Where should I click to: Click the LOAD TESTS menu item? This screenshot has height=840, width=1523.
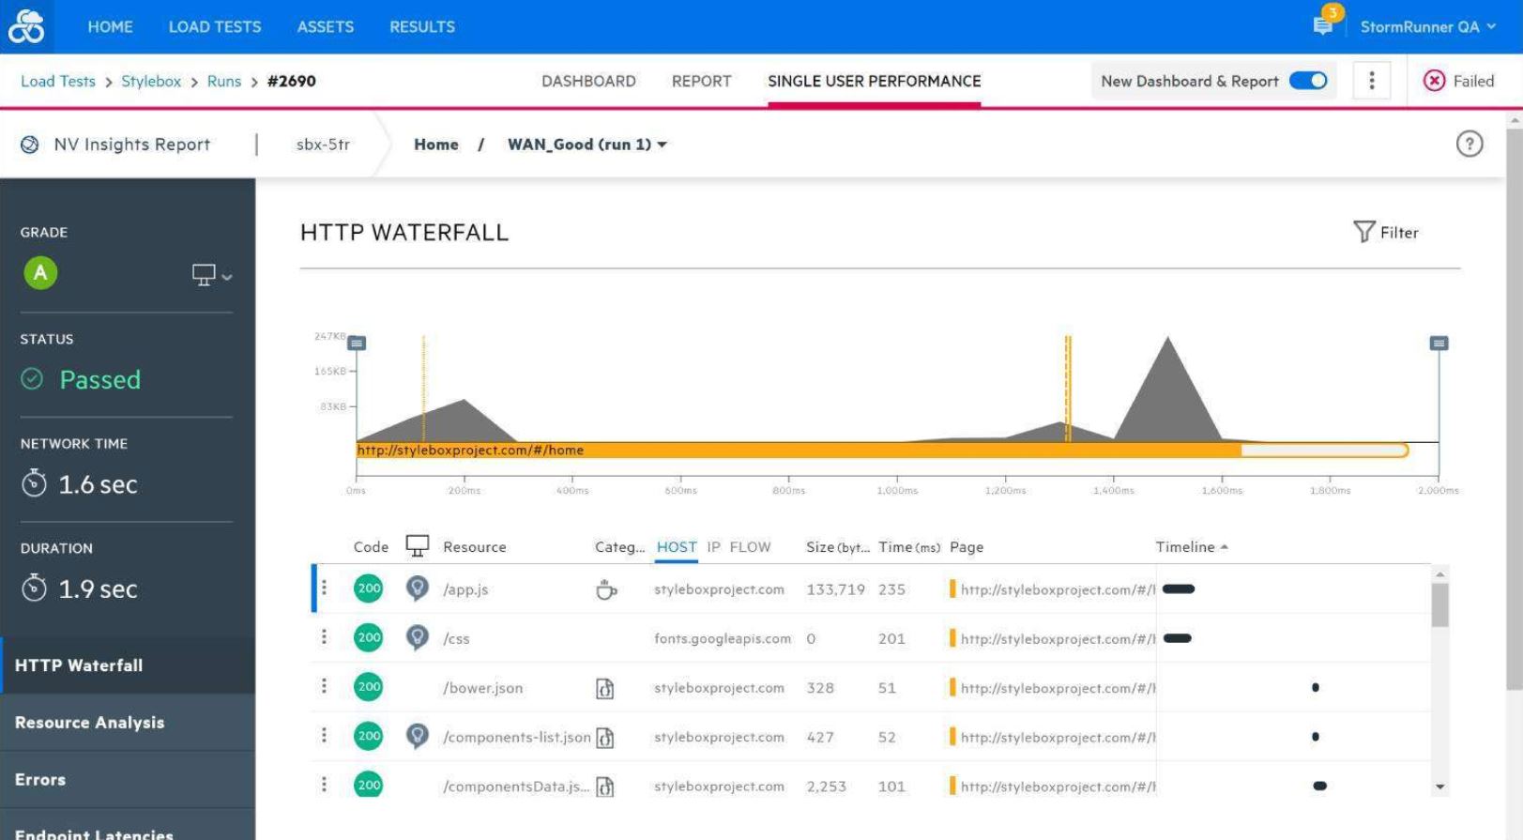pyautogui.click(x=215, y=27)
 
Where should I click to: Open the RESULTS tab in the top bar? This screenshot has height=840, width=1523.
pyautogui.click(x=422, y=27)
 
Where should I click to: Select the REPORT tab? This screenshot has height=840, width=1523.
pyautogui.click(x=701, y=82)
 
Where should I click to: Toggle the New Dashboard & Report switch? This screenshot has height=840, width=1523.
pyautogui.click(x=1308, y=81)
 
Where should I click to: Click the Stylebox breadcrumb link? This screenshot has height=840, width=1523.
pyautogui.click(x=151, y=82)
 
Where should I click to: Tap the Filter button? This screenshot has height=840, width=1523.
pyautogui.click(x=1386, y=232)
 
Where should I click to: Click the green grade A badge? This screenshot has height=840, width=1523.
pyautogui.click(x=40, y=273)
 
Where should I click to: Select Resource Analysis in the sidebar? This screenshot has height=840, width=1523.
pyautogui.click(x=89, y=723)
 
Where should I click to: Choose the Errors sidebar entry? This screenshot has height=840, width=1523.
pyautogui.click(x=40, y=780)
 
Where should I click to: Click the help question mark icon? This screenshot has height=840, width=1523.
pyautogui.click(x=1469, y=145)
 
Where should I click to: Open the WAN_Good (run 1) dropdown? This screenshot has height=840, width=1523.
pyautogui.click(x=587, y=145)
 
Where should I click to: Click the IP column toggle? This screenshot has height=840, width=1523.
pyautogui.click(x=714, y=547)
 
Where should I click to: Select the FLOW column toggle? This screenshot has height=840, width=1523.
pyautogui.click(x=750, y=547)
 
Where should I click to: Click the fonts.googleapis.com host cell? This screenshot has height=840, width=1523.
pyautogui.click(x=722, y=639)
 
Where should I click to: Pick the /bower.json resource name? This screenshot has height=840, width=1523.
pyautogui.click(x=482, y=688)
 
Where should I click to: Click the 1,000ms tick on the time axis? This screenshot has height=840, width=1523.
pyautogui.click(x=897, y=490)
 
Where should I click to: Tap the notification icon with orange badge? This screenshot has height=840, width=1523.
pyautogui.click(x=1323, y=25)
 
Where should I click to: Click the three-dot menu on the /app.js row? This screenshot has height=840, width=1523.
pyautogui.click(x=324, y=588)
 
